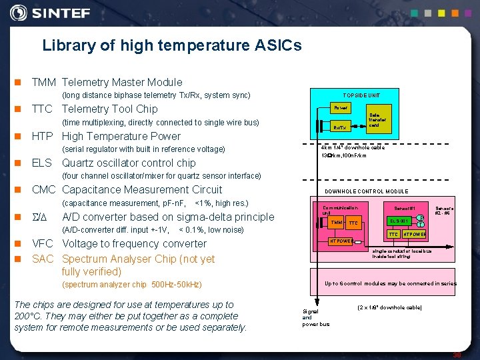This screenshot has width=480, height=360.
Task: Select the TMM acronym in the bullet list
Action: pyautogui.click(x=44, y=83)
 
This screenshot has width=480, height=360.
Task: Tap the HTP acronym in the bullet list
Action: pyautogui.click(x=43, y=137)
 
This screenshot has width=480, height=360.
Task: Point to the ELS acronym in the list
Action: pyautogui.click(x=42, y=163)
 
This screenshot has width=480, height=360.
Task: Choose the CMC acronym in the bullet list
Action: pyautogui.click(x=44, y=190)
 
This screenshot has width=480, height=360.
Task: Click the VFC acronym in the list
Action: pyautogui.click(x=43, y=244)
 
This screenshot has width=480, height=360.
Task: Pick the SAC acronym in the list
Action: pyautogui.click(x=43, y=259)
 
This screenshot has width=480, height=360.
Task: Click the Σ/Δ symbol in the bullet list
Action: pyautogui.click(x=42, y=217)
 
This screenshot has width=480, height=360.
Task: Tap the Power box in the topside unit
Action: pyautogui.click(x=341, y=108)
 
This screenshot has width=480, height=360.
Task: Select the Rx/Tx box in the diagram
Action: pyautogui.click(x=340, y=127)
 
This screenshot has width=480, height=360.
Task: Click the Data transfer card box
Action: pyautogui.click(x=374, y=120)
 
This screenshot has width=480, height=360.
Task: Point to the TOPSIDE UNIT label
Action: pyautogui.click(x=361, y=95)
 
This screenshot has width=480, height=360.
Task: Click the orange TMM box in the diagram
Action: pyautogui.click(x=336, y=223)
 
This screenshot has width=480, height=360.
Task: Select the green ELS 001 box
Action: pyautogui.click(x=399, y=221)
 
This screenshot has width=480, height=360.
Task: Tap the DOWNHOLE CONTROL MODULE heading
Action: pyautogui.click(x=366, y=191)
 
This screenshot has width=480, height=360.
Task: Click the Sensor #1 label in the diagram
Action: pyautogui.click(x=405, y=209)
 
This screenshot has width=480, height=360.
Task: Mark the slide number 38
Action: pyautogui.click(x=457, y=355)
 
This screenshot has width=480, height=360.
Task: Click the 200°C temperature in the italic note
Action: pyautogui.click(x=28, y=316)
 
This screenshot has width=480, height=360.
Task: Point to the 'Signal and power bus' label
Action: pyautogui.click(x=315, y=317)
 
